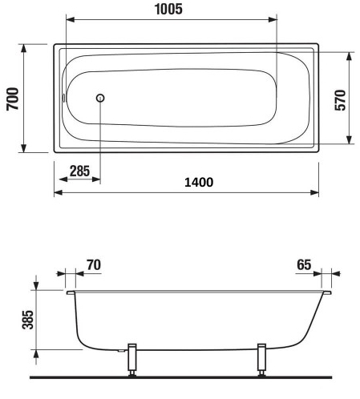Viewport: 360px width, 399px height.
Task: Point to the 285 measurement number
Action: (x=79, y=171)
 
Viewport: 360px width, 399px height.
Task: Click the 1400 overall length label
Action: (x=197, y=182)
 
